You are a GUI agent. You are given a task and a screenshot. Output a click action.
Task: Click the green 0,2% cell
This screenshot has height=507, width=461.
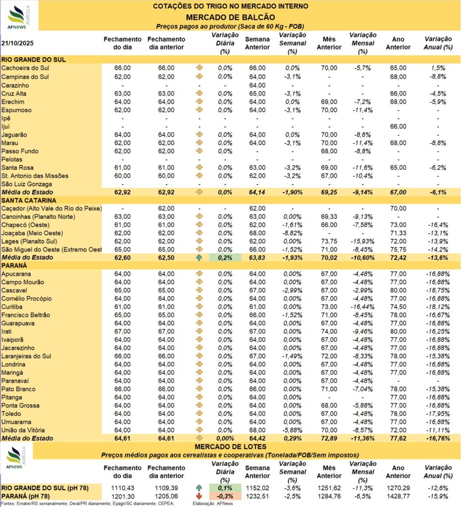(225, 257)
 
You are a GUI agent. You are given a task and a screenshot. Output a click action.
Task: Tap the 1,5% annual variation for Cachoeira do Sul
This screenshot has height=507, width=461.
(438, 68)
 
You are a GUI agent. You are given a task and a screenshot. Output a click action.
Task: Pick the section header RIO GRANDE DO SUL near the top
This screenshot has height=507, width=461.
(34, 59)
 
